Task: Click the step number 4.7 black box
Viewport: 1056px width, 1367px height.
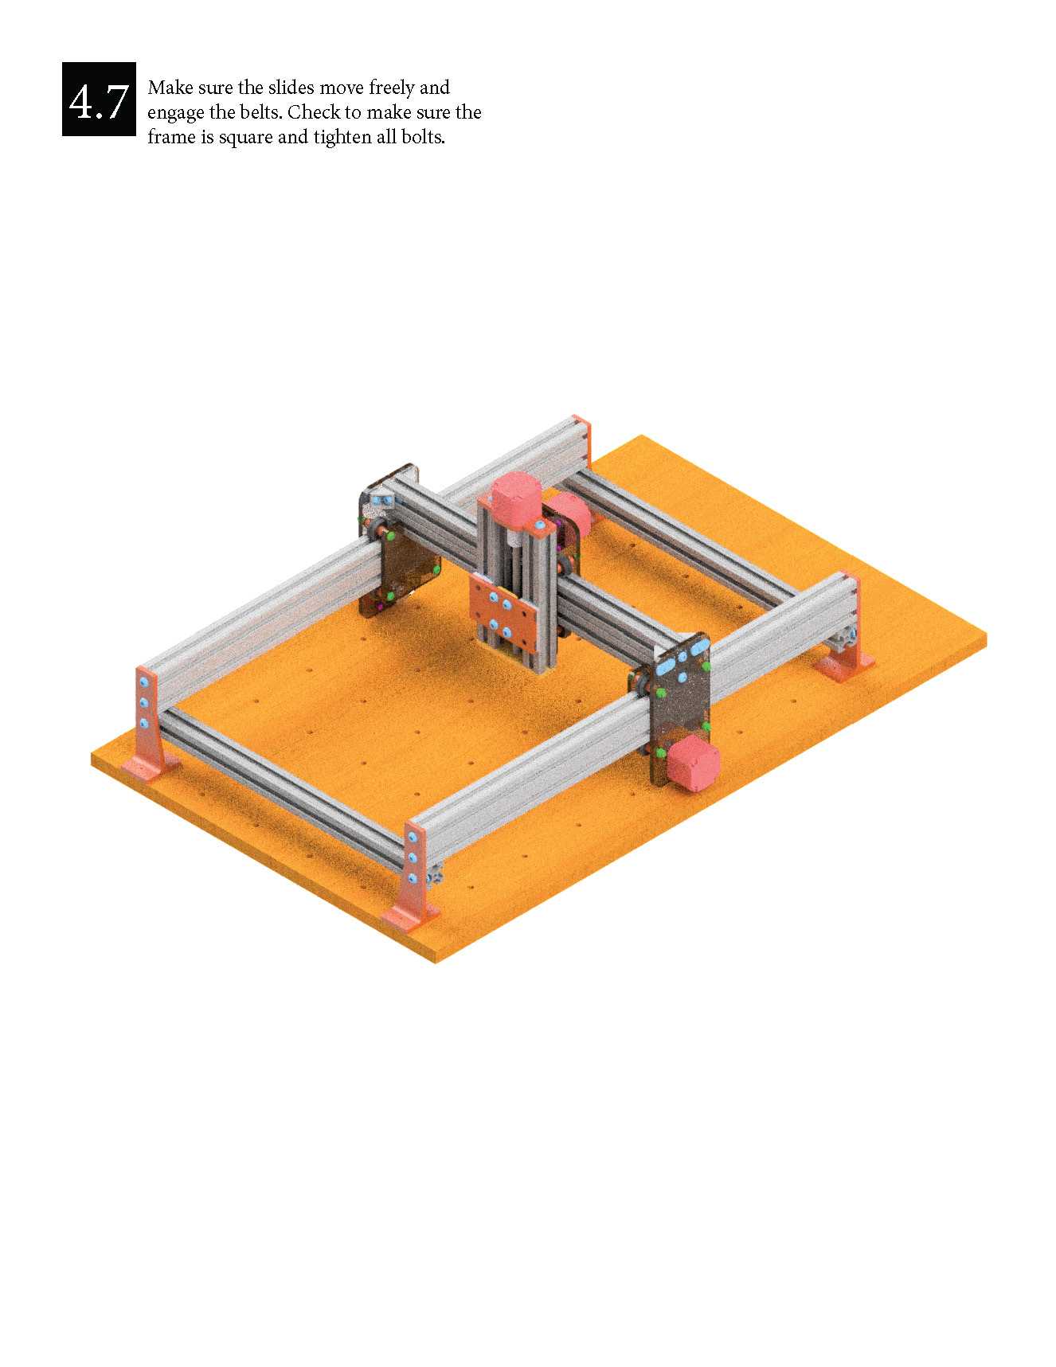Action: click(99, 100)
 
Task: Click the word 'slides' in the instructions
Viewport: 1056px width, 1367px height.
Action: click(291, 88)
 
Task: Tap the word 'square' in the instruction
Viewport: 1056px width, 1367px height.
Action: click(246, 138)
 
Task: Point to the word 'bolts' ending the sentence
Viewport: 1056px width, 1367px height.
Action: click(422, 137)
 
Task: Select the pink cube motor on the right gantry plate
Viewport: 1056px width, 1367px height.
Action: click(691, 762)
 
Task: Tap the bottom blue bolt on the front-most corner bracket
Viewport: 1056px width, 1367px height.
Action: click(412, 878)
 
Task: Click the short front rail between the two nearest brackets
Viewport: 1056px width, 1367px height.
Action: click(279, 780)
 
